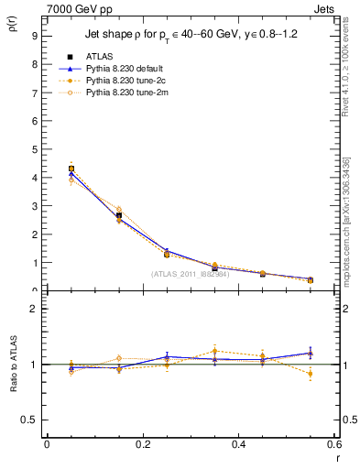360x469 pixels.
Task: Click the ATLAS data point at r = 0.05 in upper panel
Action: click(x=71, y=169)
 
